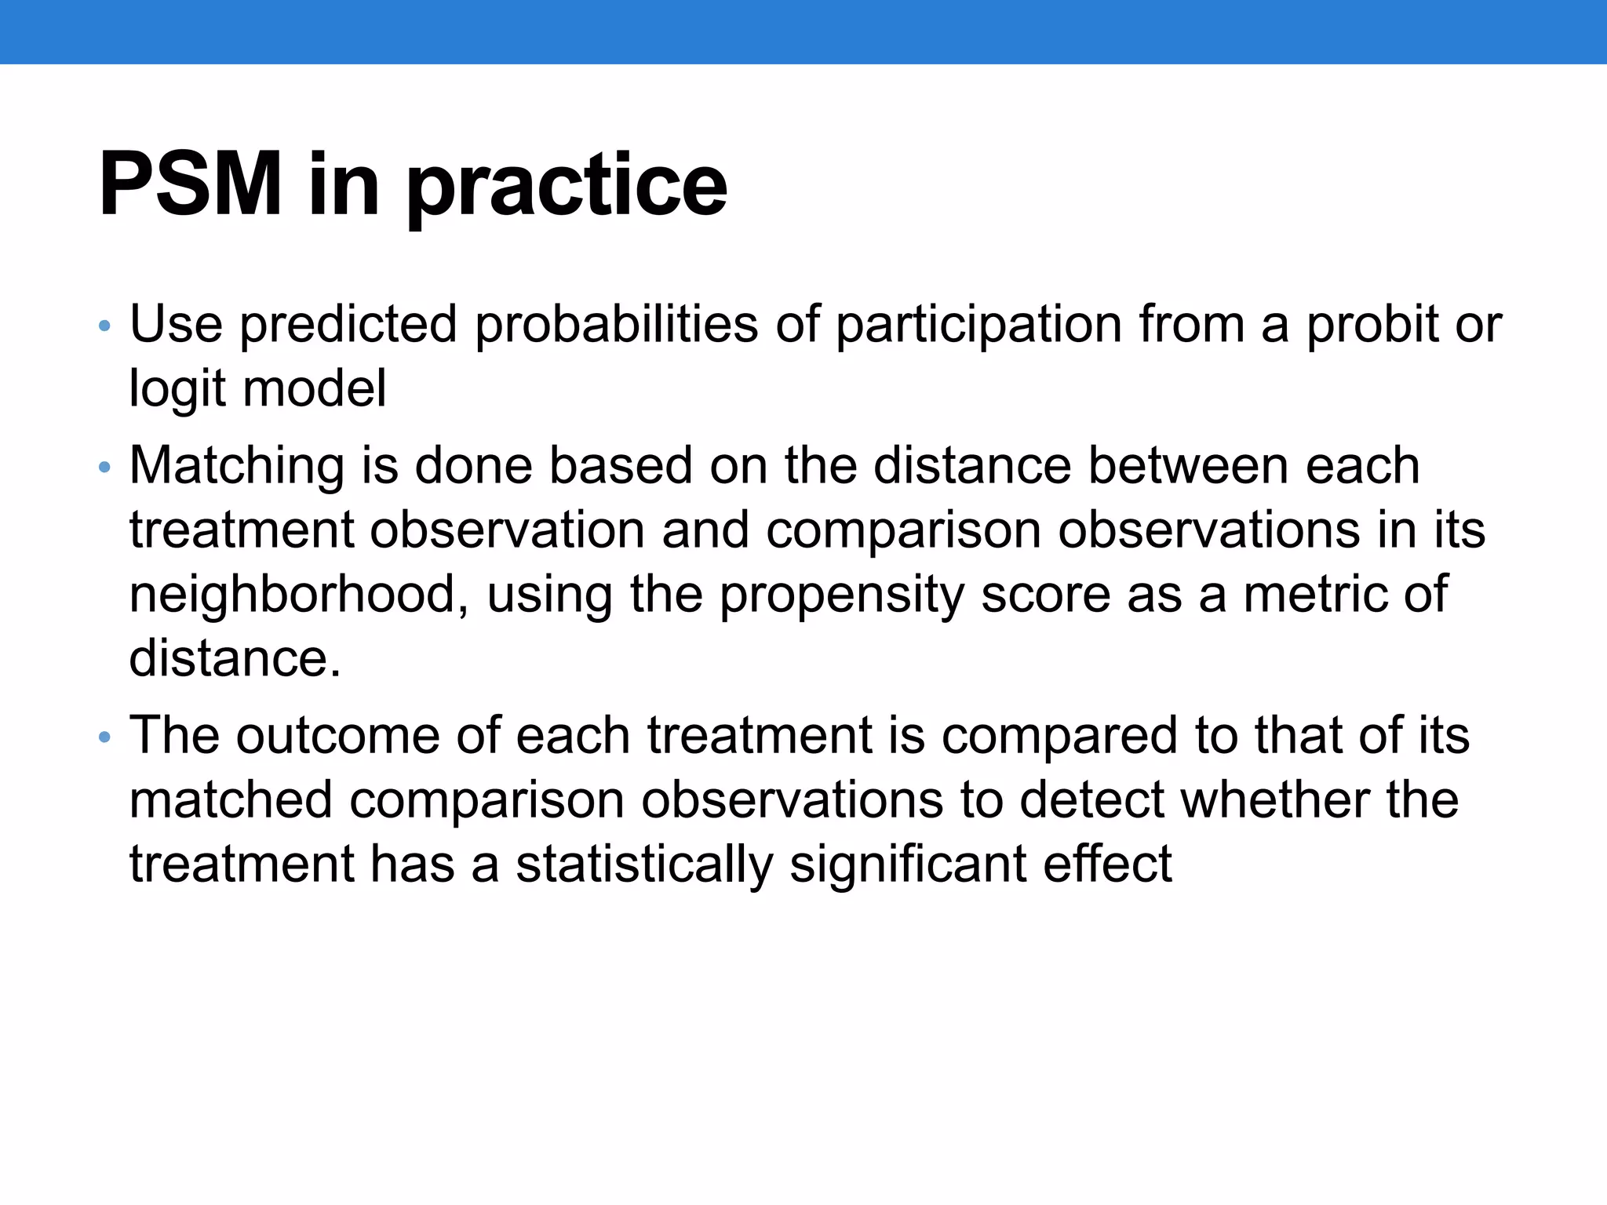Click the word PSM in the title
[190, 185]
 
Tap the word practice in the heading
[567, 188]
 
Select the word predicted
[348, 325]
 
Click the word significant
[908, 865]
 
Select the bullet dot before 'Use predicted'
[105, 326]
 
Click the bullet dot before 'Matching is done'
[105, 468]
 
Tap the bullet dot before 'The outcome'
[105, 737]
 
